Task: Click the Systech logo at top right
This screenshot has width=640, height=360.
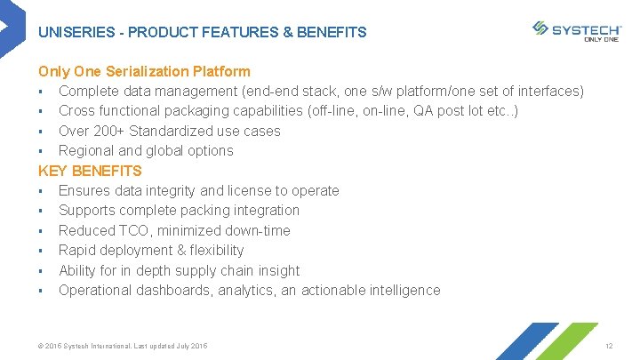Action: pyautogui.click(x=575, y=29)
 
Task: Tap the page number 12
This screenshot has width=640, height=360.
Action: pyautogui.click(x=609, y=345)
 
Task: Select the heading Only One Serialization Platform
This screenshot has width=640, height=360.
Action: pyautogui.click(x=144, y=71)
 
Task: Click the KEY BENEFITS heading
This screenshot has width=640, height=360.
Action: pyautogui.click(x=90, y=171)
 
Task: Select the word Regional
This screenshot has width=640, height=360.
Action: pyautogui.click(x=86, y=150)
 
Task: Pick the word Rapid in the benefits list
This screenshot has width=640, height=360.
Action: pyautogui.click(x=77, y=250)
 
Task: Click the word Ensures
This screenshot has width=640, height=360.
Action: pyautogui.click(x=85, y=190)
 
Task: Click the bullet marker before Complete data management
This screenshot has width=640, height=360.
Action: pyautogui.click(x=41, y=92)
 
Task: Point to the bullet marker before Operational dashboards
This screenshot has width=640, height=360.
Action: pyautogui.click(x=41, y=291)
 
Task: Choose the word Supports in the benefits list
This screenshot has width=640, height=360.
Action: pyautogui.click(x=86, y=210)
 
